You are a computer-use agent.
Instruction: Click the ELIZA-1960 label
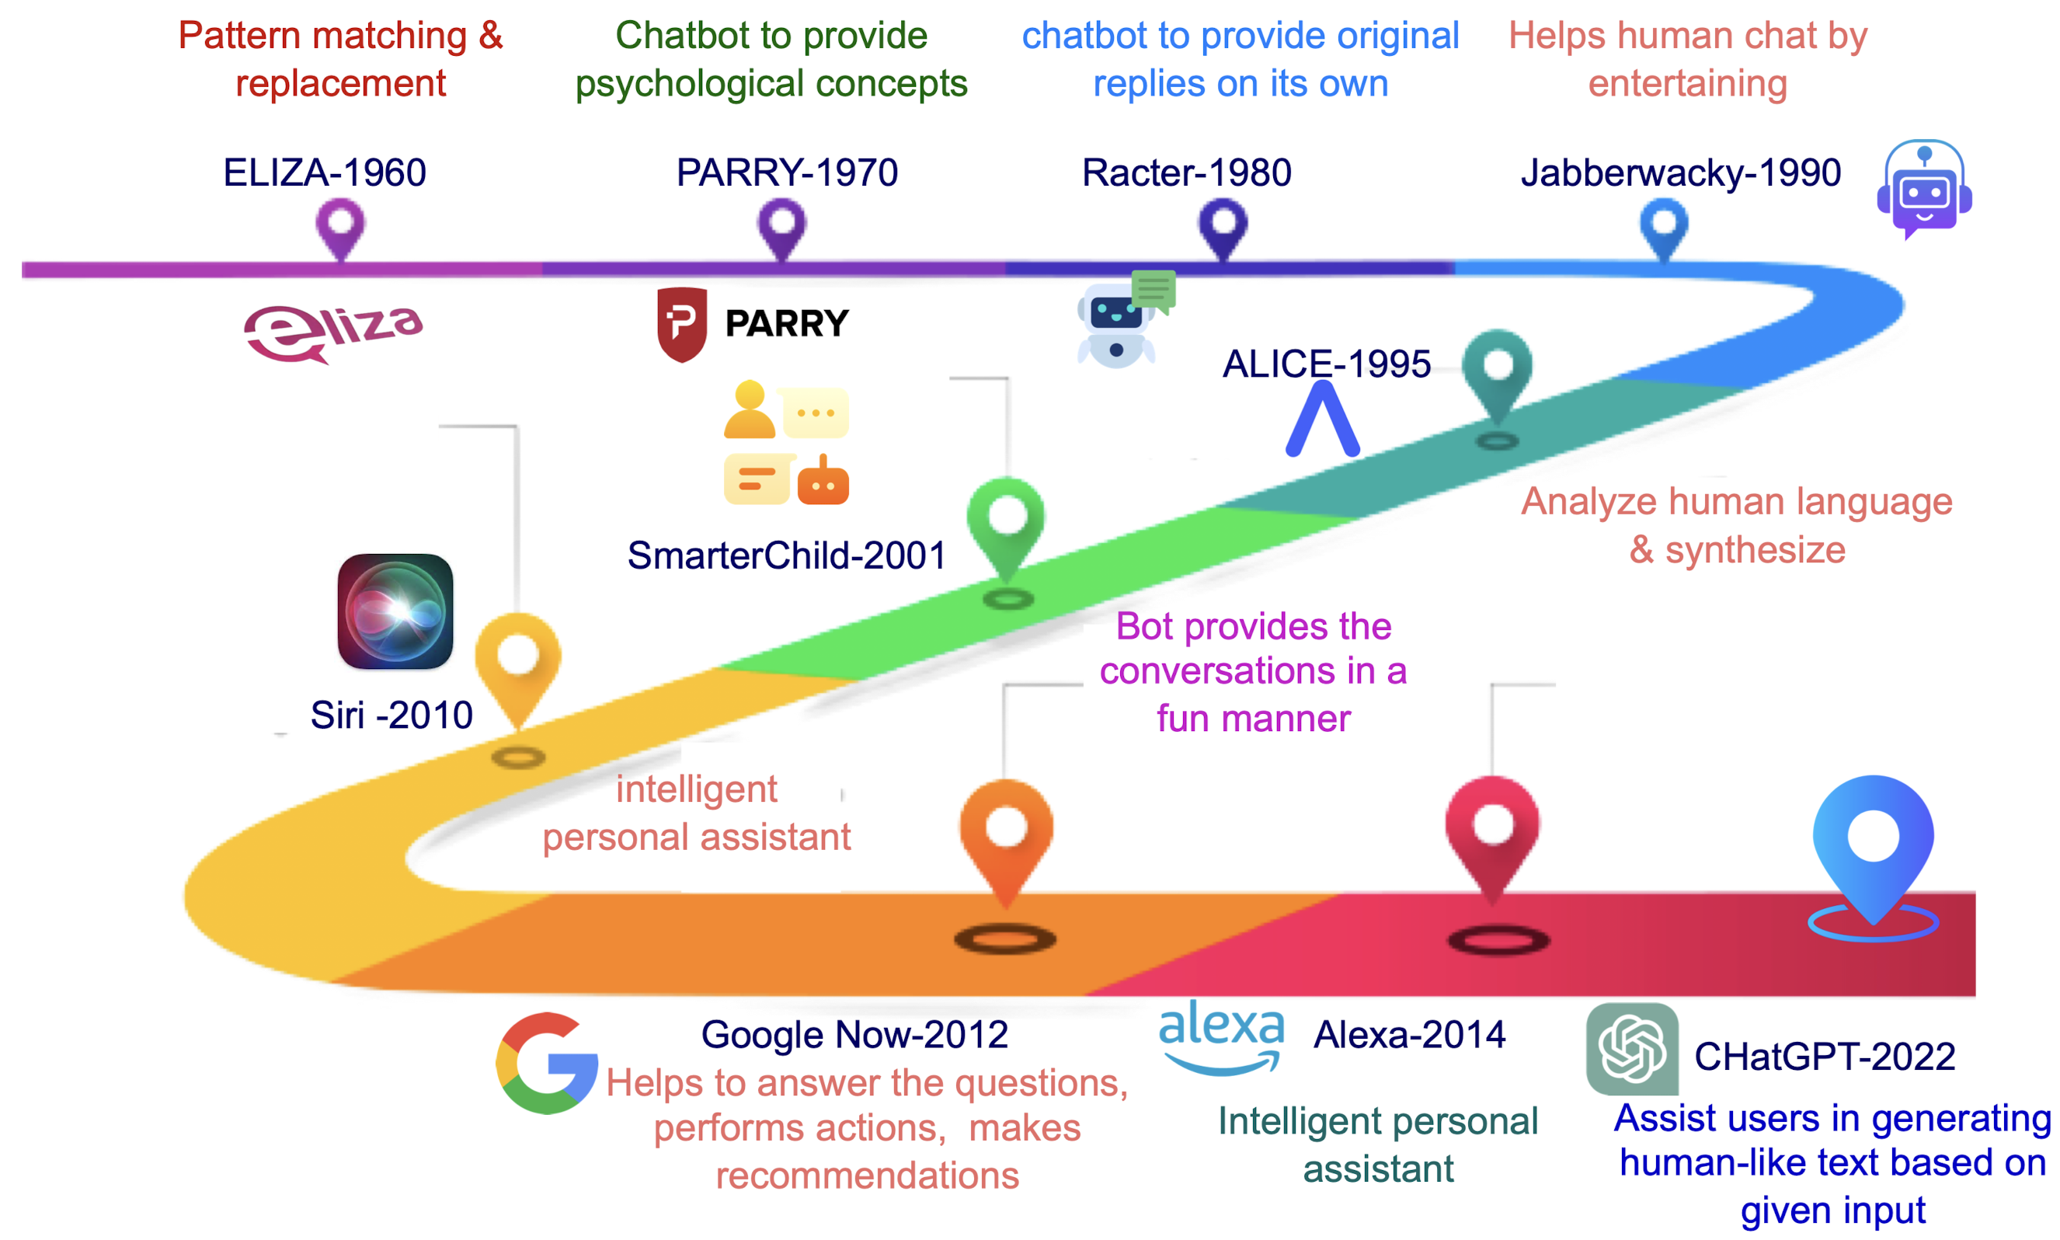(324, 173)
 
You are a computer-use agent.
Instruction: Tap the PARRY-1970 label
(786, 173)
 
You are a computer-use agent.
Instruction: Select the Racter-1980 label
(1186, 173)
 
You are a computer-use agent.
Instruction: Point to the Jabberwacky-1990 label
(1680, 173)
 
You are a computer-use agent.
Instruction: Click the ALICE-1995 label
(1326, 364)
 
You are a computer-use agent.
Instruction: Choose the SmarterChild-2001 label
(786, 556)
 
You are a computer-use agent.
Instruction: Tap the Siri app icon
(395, 611)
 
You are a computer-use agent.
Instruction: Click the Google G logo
(546, 1063)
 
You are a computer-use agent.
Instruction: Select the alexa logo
(1221, 1037)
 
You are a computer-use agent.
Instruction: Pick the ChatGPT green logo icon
(1631, 1049)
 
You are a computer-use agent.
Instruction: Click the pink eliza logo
(332, 333)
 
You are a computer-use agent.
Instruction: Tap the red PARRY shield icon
(682, 324)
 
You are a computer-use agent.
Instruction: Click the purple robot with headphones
(1924, 189)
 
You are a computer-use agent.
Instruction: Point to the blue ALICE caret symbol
(1321, 420)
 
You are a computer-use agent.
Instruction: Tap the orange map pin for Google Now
(1006, 840)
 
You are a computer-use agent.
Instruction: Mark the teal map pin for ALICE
(1497, 376)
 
